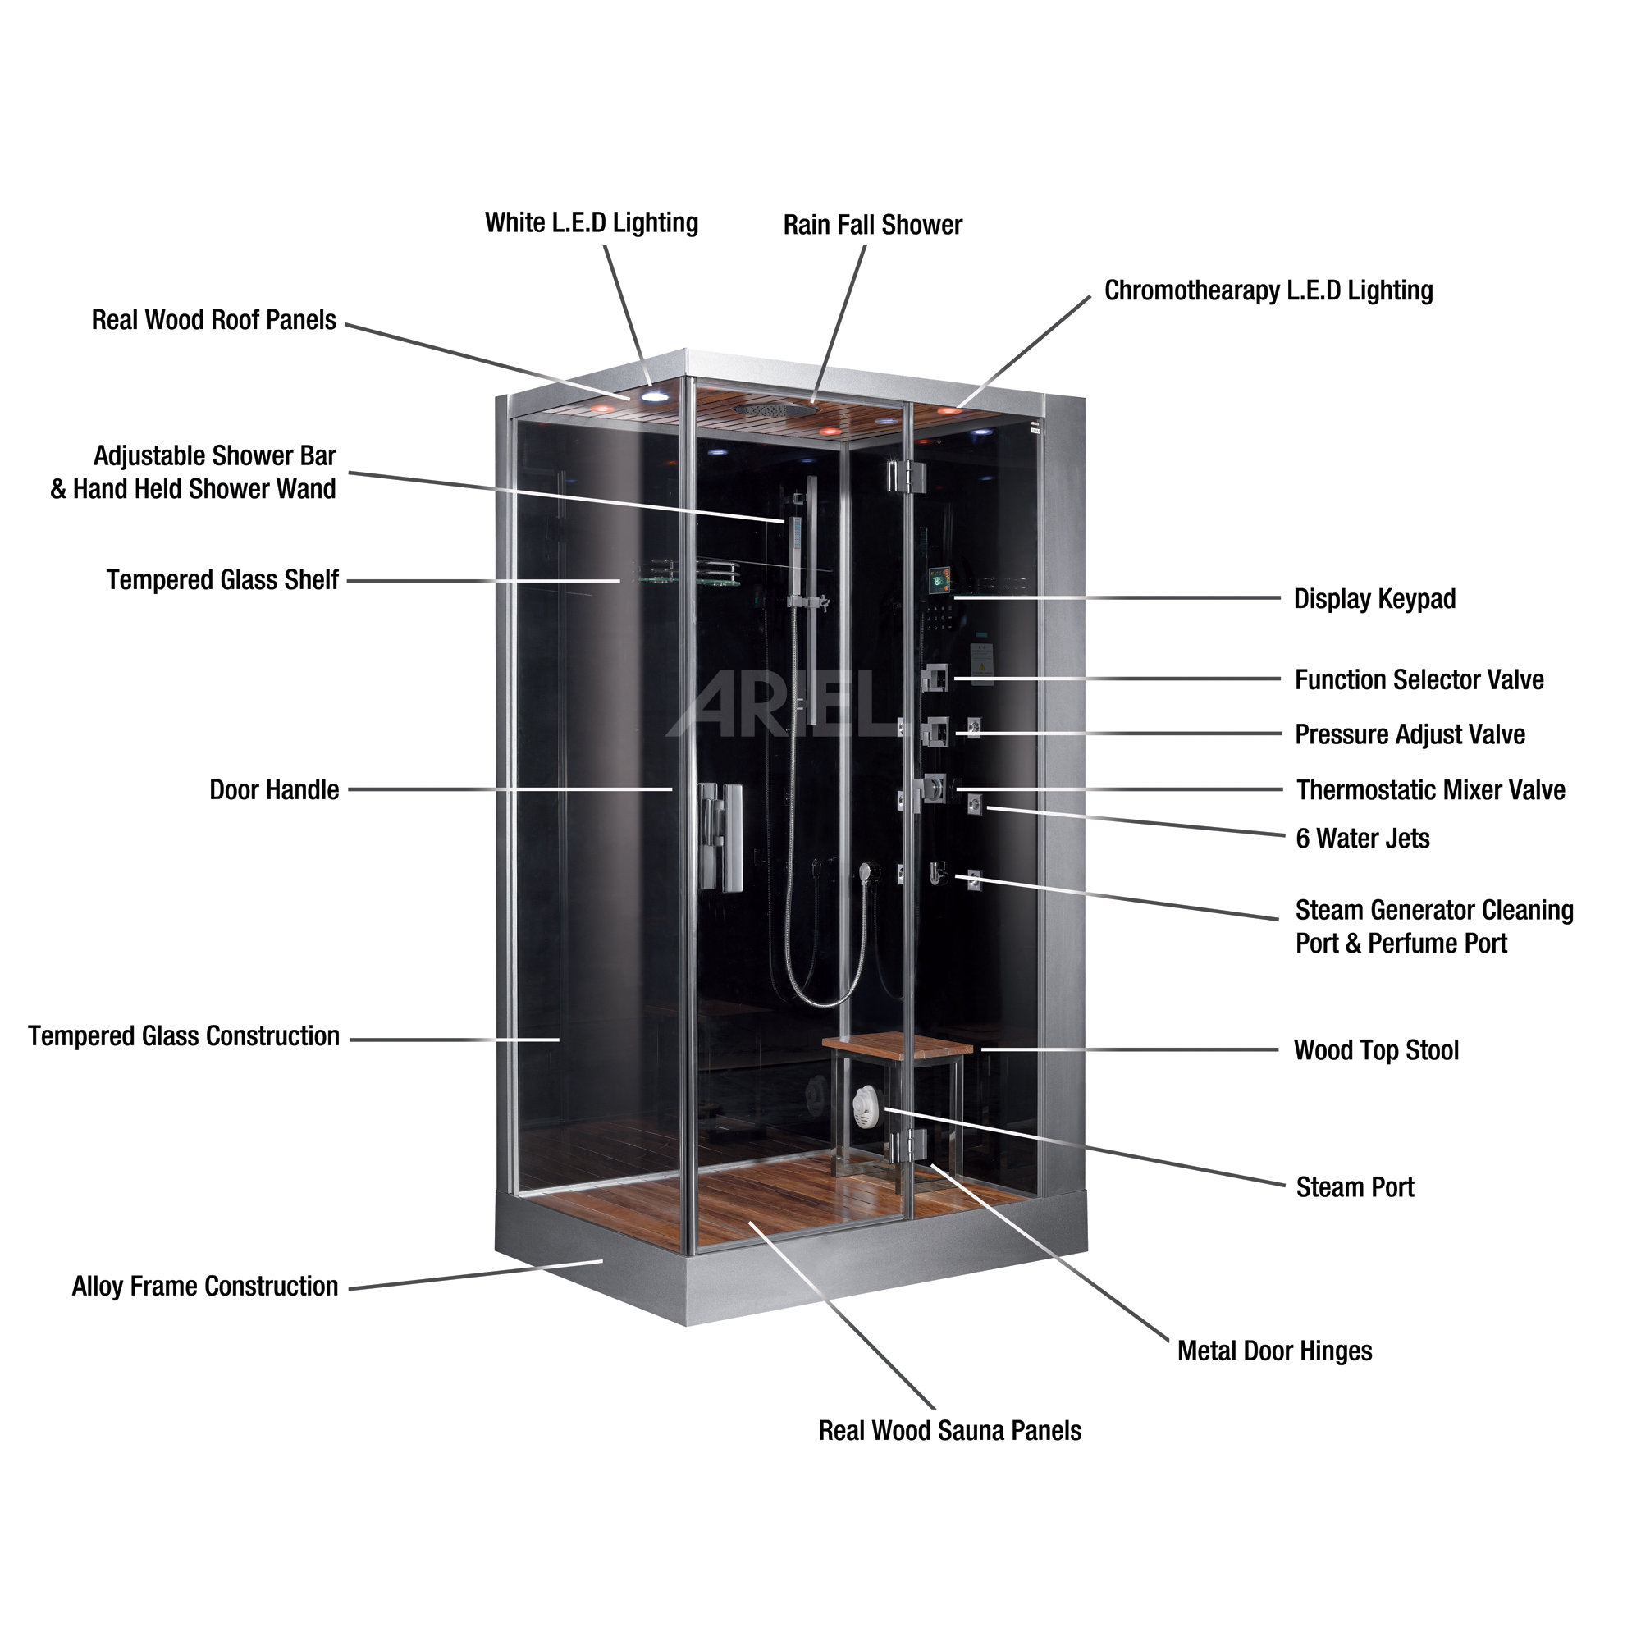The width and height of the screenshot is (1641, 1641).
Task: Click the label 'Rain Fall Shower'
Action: (x=872, y=225)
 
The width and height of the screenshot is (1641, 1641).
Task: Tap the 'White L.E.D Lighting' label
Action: (x=591, y=222)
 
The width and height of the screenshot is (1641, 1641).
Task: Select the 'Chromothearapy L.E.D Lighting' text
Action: (x=1268, y=290)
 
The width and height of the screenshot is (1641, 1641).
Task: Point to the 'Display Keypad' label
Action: (x=1374, y=599)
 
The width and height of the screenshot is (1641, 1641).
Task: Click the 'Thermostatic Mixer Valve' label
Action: (x=1430, y=790)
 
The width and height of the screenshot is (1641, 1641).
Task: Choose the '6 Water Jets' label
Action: (x=1362, y=839)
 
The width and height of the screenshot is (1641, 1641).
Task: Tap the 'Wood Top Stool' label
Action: (x=1376, y=1051)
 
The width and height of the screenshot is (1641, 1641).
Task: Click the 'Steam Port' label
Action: (x=1355, y=1187)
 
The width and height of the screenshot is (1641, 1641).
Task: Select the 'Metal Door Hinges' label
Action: (x=1274, y=1351)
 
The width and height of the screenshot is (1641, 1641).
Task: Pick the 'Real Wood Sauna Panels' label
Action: (x=949, y=1430)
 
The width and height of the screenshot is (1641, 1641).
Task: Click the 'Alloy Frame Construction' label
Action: (x=204, y=1286)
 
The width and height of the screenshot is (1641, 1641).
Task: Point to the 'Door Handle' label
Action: (x=273, y=790)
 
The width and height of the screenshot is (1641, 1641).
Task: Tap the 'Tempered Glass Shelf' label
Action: (x=222, y=580)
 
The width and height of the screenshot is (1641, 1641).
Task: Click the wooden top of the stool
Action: (x=896, y=1044)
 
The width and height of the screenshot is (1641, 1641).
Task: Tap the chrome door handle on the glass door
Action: (x=720, y=837)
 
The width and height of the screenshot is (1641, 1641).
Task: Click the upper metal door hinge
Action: (x=904, y=476)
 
